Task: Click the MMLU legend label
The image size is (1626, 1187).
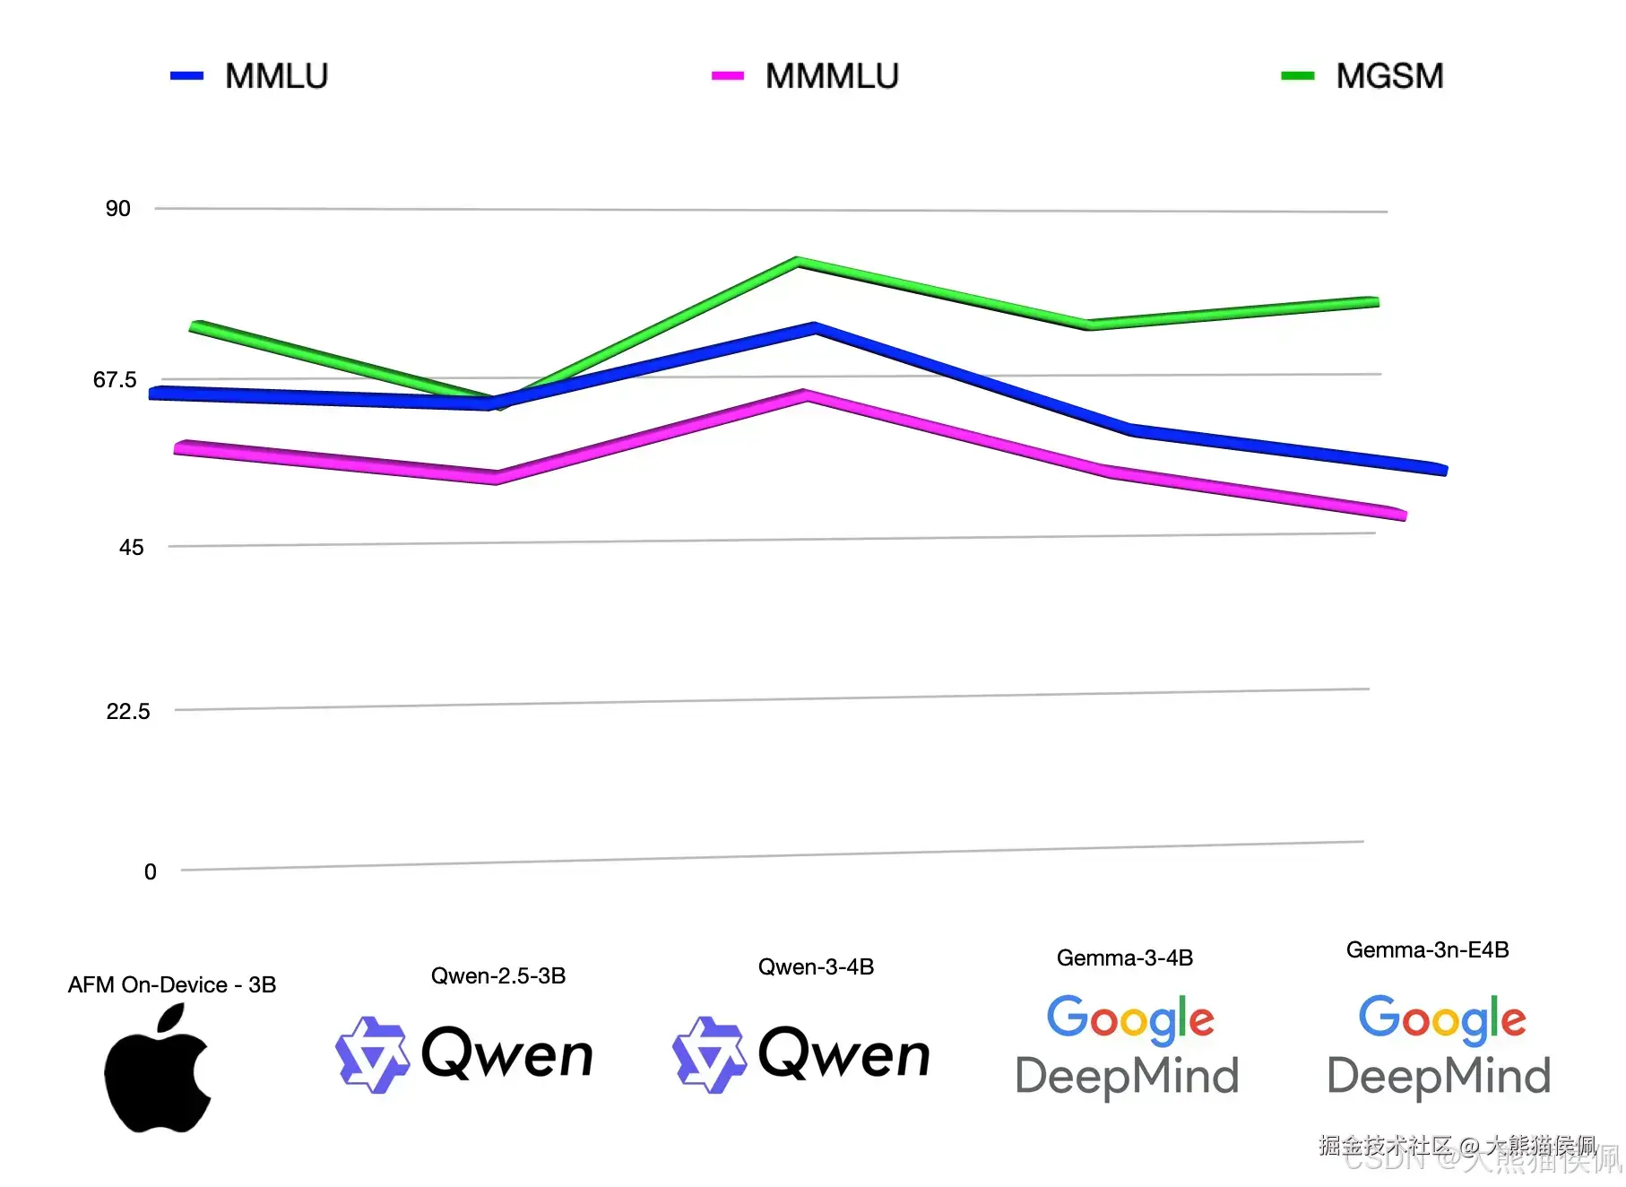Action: pos(276,76)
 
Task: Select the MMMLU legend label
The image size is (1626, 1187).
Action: pos(832,76)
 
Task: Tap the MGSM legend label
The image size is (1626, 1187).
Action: pos(1389,76)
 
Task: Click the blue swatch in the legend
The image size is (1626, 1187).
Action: pos(186,76)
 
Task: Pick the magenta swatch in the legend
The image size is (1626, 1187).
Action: pos(727,76)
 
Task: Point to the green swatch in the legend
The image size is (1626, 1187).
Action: pos(1297,76)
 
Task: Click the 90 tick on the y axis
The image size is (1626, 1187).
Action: pos(118,209)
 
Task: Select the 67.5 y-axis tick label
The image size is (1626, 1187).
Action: pos(115,380)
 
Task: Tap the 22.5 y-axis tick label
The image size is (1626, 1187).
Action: pos(128,712)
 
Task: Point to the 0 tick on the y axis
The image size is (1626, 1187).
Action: pos(151,872)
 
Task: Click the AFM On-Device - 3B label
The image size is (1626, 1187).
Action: pos(172,984)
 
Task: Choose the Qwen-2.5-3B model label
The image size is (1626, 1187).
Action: pos(498,975)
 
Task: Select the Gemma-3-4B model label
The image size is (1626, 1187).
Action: pos(1125,957)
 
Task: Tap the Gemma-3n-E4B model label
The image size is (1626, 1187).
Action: pos(1427,949)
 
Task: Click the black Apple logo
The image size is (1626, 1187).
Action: pos(158,1069)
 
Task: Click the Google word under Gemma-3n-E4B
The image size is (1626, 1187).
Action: pos(1441,1018)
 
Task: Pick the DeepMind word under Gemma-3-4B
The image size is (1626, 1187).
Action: pos(1127,1076)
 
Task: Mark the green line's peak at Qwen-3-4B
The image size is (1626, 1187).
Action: pos(798,263)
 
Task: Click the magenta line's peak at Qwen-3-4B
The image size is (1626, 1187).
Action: pos(805,394)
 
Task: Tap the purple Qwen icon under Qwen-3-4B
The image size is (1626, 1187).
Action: pos(709,1054)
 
